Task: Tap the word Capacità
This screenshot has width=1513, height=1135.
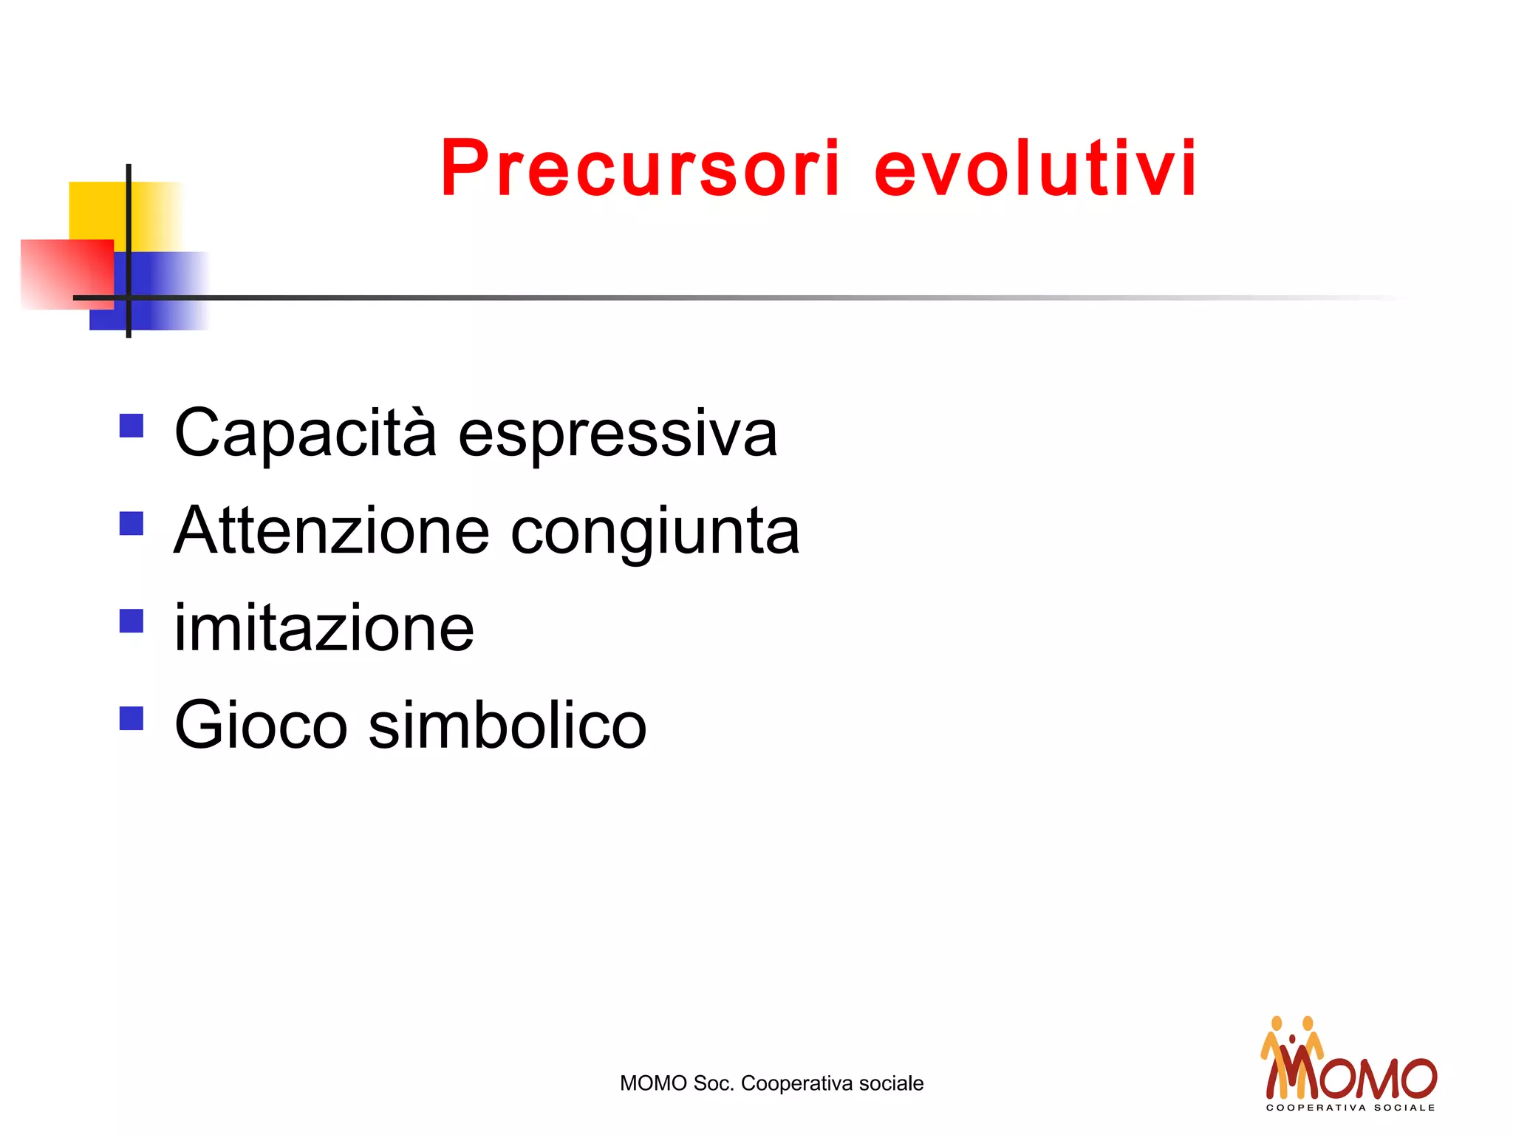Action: click(305, 434)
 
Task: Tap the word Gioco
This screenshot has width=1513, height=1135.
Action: click(261, 726)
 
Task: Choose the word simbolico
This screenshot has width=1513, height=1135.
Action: click(508, 726)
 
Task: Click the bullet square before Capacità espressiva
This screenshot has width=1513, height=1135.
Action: click(132, 426)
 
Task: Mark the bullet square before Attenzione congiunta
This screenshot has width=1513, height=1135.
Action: click(132, 523)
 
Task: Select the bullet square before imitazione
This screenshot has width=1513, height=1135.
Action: click(132, 621)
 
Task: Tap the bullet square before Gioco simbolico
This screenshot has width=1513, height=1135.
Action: click(132, 718)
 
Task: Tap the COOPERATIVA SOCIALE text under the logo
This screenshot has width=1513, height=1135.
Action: click(1350, 1108)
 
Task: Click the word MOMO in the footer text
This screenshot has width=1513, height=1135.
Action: click(653, 1083)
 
